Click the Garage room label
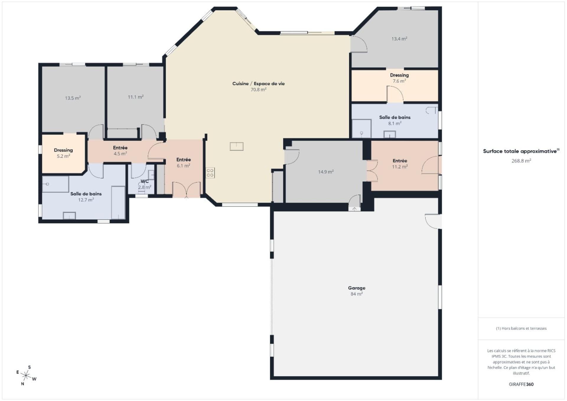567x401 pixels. [356, 288]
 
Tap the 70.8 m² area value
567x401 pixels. [258, 90]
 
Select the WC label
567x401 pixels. [144, 181]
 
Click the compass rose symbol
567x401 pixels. [26, 376]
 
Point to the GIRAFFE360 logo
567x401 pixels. [521, 384]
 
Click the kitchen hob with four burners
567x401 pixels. [210, 173]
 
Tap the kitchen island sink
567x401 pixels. [237, 146]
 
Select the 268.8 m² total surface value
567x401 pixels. [521, 161]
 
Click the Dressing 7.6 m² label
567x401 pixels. [399, 78]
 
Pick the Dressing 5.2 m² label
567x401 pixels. [63, 153]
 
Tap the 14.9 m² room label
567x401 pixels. [326, 172]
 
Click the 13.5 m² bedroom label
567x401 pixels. [73, 98]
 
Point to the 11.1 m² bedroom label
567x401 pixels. [136, 97]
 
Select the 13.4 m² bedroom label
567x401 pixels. [399, 39]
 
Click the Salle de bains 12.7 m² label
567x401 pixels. [86, 197]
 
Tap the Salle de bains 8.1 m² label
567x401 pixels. [395, 120]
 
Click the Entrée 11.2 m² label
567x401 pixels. [400, 164]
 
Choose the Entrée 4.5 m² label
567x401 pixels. [120, 151]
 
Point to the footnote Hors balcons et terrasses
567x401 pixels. [521, 328]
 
